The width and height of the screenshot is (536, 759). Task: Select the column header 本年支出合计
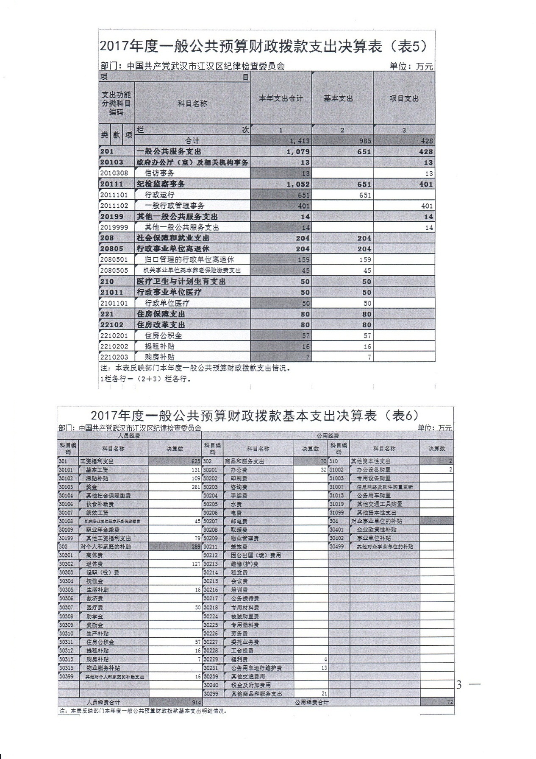[280, 98]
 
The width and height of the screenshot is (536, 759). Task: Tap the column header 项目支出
[404, 98]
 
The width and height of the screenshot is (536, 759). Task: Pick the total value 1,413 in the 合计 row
[300, 141]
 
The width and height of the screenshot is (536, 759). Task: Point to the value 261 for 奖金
[195, 487]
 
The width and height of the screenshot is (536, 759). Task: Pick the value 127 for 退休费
[195, 564]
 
